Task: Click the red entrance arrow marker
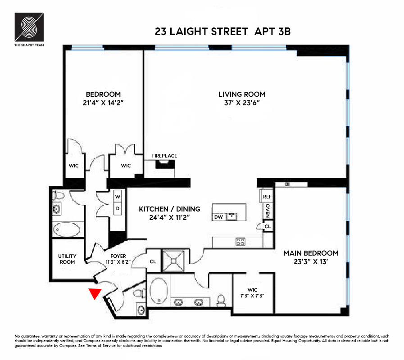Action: (94, 293)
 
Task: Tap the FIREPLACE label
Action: (164, 156)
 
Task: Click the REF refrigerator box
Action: (267, 197)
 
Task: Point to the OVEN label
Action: (268, 210)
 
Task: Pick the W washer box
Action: (118, 197)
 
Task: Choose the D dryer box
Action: (118, 209)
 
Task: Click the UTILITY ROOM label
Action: (67, 259)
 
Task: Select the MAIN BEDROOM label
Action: (311, 253)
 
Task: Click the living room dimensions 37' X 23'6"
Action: (242, 103)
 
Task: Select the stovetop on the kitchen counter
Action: (241, 242)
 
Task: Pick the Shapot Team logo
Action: (29, 27)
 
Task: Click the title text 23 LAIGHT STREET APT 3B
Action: (225, 31)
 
